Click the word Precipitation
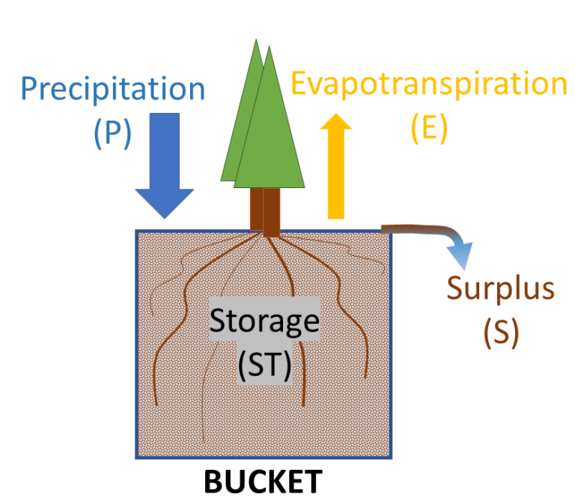click(113, 89)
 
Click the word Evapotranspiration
click(429, 84)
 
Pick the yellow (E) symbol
click(429, 128)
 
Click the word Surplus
click(501, 288)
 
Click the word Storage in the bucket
click(264, 321)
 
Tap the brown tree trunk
click(265, 211)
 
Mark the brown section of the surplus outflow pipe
click(416, 229)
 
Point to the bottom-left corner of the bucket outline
click(137, 457)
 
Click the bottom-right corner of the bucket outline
click(391, 457)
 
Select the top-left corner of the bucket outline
click(137, 232)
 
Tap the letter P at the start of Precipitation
click(30, 89)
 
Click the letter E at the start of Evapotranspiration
click(299, 84)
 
